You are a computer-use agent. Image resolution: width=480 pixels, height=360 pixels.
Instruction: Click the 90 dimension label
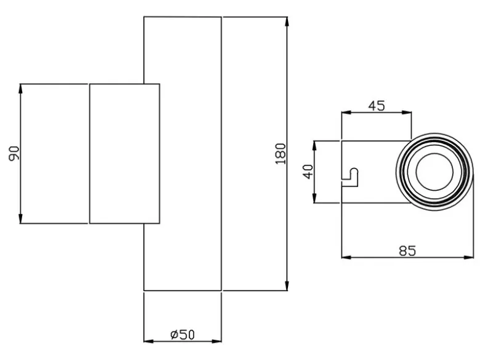(14, 153)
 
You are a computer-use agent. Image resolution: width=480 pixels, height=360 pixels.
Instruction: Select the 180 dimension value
(281, 154)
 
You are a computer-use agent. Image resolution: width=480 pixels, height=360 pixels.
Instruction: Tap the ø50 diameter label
(182, 335)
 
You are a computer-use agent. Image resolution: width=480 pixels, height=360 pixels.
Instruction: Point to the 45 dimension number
(376, 106)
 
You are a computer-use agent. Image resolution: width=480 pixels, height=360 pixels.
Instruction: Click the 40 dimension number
(308, 172)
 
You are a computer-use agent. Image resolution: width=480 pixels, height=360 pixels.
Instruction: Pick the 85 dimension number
(407, 250)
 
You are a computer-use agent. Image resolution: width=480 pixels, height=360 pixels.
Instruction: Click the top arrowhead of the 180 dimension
(287, 22)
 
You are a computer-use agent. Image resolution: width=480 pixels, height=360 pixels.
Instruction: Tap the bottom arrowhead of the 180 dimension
(287, 286)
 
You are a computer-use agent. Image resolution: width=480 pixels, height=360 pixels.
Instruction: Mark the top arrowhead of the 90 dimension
(20, 89)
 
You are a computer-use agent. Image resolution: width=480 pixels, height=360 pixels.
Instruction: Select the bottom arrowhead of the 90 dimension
(20, 218)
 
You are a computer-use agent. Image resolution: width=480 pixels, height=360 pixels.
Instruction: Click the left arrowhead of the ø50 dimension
(149, 341)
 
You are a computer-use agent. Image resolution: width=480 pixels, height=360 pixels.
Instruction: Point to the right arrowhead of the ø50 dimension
(216, 341)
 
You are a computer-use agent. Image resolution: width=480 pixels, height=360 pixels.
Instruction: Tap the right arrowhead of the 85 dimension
(468, 257)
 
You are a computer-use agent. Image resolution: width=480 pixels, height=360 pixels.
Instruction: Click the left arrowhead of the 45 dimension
(346, 113)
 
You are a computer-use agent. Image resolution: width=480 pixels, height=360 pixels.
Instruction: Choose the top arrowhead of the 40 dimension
(314, 146)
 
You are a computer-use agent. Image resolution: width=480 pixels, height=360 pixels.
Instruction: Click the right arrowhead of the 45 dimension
(407, 113)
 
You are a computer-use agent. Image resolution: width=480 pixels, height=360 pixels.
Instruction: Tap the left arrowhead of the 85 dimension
(346, 257)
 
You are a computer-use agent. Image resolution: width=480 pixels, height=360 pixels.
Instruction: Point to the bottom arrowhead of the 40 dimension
(314, 198)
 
